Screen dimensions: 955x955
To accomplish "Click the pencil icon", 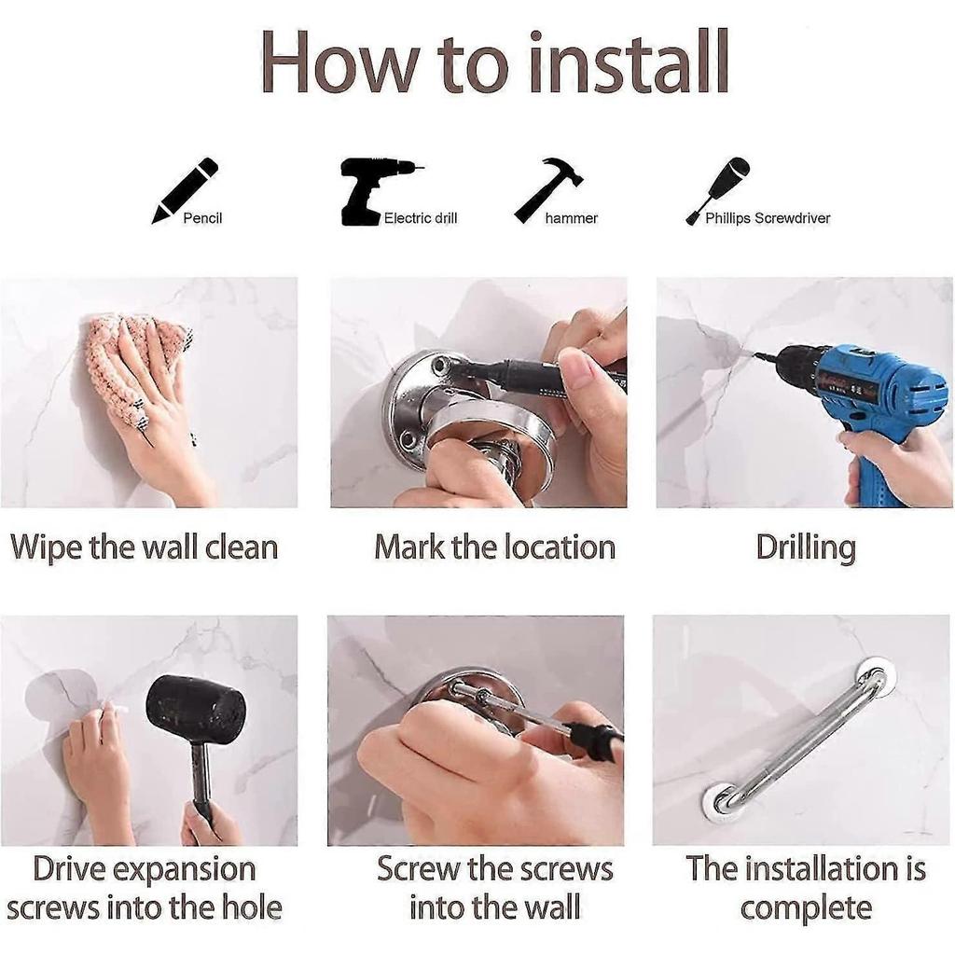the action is click(185, 190).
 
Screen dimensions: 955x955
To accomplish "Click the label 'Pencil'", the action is click(202, 218).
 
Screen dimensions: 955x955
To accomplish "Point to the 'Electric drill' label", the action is click(421, 218).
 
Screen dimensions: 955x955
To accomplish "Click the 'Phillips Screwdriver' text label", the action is click(768, 218).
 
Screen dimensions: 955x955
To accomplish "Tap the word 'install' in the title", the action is click(629, 62).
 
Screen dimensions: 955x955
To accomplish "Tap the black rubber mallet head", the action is click(197, 710).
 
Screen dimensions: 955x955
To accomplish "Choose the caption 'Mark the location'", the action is click(494, 547).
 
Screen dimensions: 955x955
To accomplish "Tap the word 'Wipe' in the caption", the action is click(47, 547).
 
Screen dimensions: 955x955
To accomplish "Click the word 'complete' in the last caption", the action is click(806, 908).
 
